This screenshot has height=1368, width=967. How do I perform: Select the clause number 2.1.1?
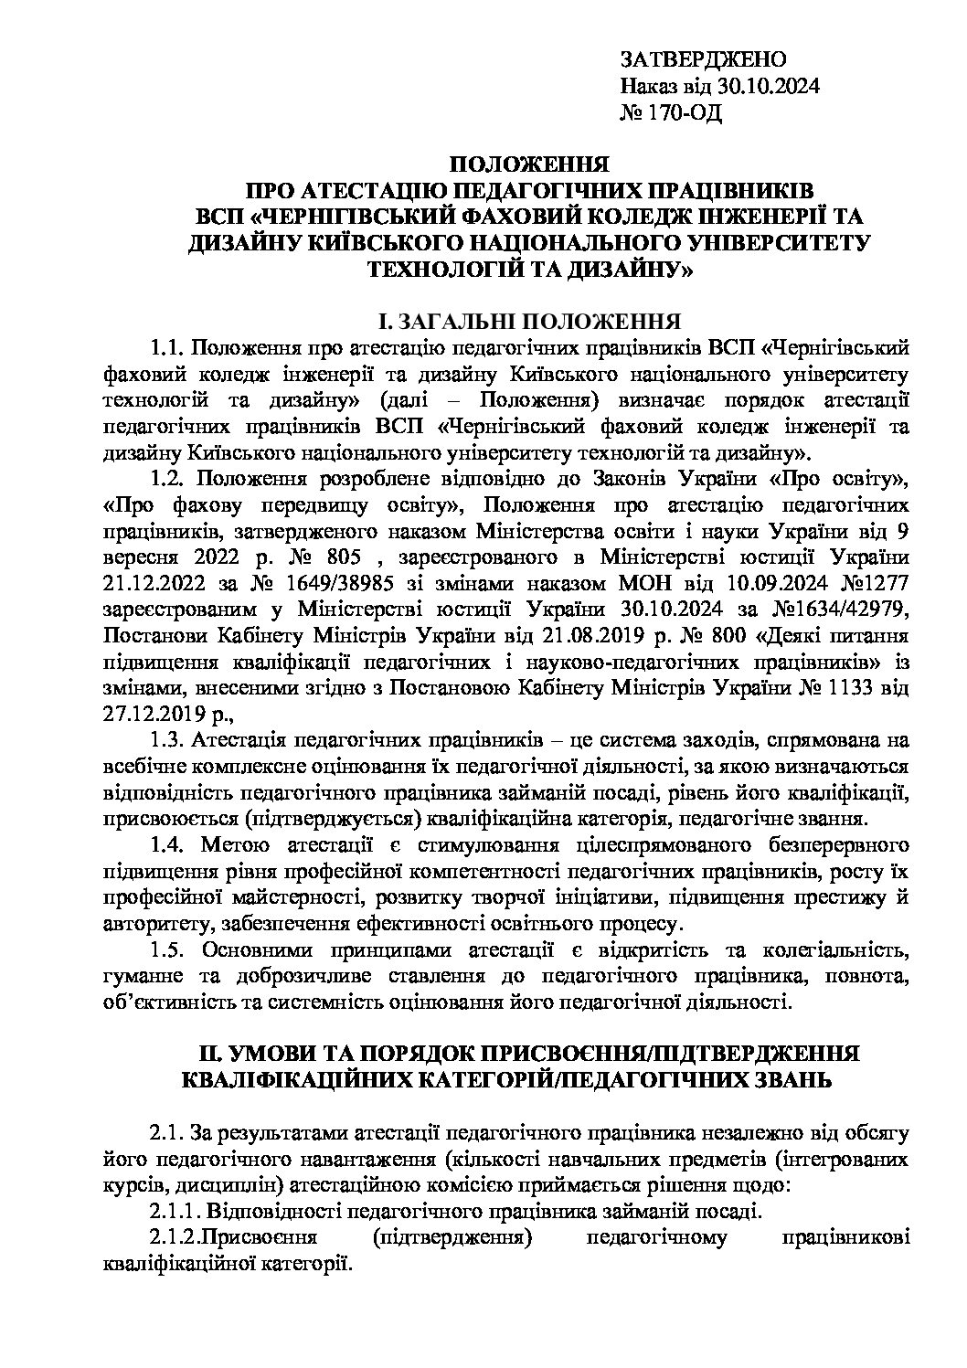click(174, 1212)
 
